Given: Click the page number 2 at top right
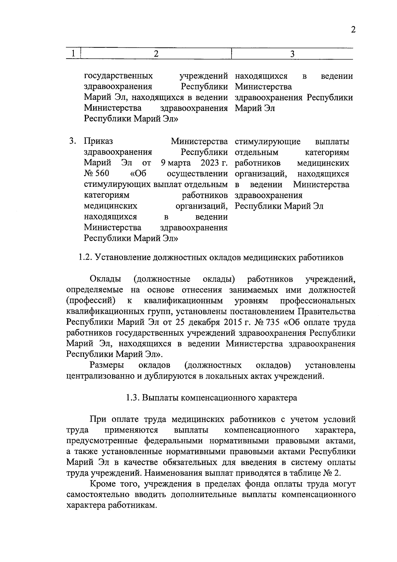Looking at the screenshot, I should (353, 30).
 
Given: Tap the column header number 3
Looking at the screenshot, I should (292, 54).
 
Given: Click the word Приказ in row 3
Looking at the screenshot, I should (98, 141).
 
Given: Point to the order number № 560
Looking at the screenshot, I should (96, 174).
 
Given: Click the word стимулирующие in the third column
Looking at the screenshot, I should (267, 142).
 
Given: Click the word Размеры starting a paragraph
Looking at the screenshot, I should (107, 365).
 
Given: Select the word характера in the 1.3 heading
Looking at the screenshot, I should (277, 398).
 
